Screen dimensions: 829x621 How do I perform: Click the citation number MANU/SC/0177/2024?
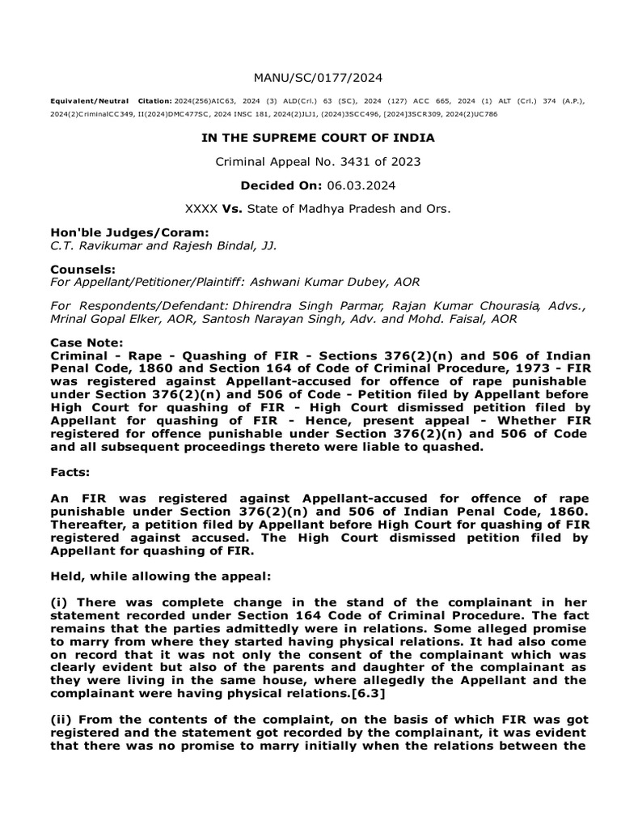(318, 78)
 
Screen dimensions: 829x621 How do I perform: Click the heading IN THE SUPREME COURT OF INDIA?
(318, 138)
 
